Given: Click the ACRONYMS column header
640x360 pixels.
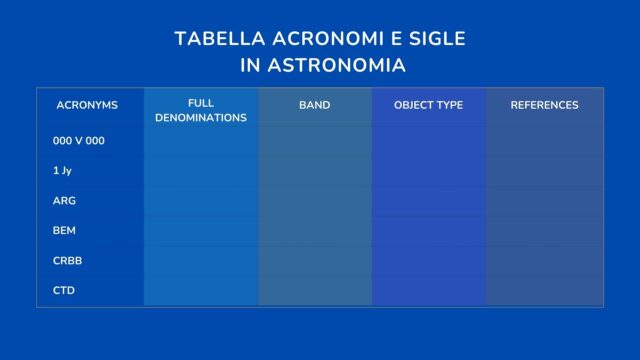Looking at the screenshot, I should (87, 105).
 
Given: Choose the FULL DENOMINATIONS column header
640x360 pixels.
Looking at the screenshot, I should (201, 111).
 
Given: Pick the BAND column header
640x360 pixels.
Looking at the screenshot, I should (314, 105).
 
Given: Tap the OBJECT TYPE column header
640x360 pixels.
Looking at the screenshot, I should (428, 105).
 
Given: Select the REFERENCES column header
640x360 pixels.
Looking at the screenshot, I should (544, 105).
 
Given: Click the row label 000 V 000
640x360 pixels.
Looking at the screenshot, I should (79, 141).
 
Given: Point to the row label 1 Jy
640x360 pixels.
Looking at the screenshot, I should (62, 171).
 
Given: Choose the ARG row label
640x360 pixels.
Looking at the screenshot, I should (64, 201).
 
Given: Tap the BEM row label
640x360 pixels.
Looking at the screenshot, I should (65, 231).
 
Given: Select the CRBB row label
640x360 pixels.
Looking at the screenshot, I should (67, 261).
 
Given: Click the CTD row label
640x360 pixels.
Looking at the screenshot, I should (64, 291).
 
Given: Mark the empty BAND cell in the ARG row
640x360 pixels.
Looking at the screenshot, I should (314, 201).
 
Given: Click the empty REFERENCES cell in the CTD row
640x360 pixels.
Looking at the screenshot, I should (544, 291).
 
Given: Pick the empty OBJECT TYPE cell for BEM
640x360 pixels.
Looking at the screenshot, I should (428, 231).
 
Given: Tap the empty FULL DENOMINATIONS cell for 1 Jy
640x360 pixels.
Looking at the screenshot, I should (201, 171).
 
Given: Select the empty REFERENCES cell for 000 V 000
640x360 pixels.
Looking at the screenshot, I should (544, 141).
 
